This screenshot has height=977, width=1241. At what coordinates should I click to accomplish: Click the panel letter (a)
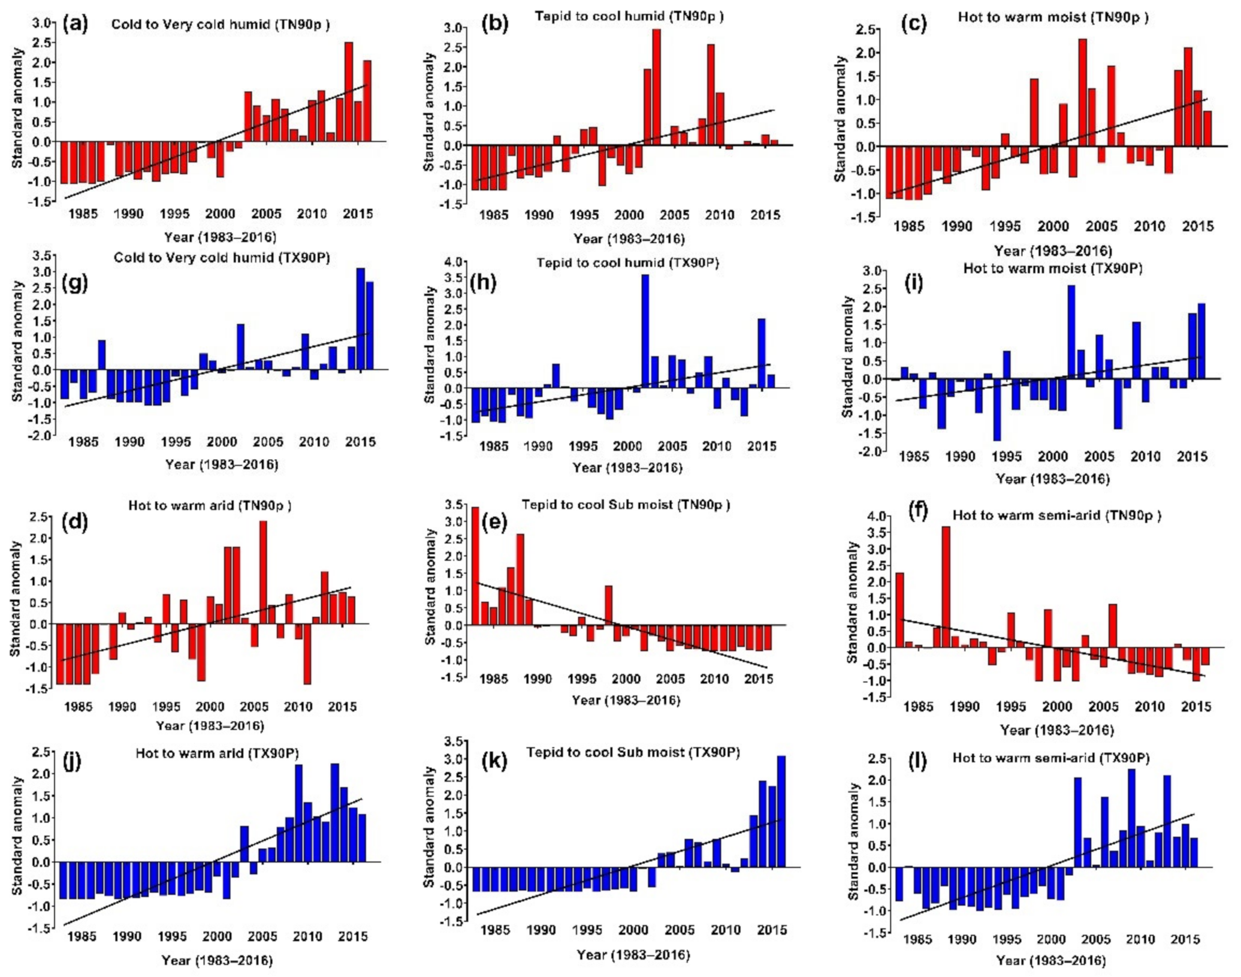[x=75, y=24]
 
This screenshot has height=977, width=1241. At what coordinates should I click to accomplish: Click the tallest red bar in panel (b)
[x=656, y=87]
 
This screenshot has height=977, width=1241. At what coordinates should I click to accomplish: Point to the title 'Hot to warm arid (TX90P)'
[x=217, y=753]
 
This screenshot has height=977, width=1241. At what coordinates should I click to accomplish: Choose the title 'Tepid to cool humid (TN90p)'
[x=629, y=16]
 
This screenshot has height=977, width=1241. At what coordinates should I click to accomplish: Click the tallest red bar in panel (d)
[x=262, y=572]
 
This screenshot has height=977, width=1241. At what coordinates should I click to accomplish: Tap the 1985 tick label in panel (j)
[x=81, y=936]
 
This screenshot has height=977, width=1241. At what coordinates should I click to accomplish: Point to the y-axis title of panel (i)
[x=847, y=357]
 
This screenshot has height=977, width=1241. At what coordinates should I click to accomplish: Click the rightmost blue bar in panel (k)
[x=781, y=811]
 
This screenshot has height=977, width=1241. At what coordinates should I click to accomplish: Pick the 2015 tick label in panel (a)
[x=357, y=214]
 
